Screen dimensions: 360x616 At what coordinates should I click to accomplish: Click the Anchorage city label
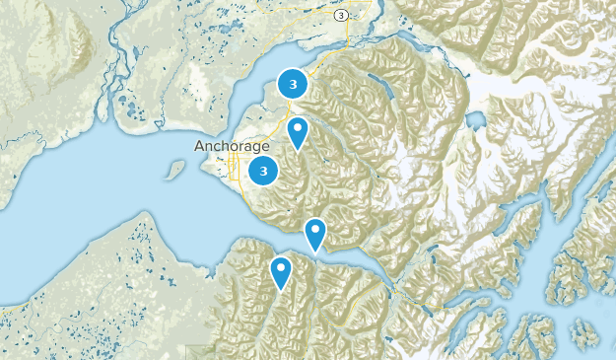point(232,146)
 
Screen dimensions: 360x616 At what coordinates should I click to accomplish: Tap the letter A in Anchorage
point(199,146)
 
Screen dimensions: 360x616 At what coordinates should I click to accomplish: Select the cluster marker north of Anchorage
point(293,85)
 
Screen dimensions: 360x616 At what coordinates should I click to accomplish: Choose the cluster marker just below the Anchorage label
point(263,171)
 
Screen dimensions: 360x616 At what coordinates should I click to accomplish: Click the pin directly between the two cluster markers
point(298,130)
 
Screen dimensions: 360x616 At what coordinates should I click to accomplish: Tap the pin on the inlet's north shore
point(314,233)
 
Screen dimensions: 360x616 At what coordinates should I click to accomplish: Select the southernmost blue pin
point(282,270)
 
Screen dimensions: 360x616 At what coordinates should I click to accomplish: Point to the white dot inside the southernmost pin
point(282,266)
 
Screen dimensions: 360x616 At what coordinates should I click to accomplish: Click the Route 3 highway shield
point(341,16)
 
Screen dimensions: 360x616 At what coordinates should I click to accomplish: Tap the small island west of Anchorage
point(175,170)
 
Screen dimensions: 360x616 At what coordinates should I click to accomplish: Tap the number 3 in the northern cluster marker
point(293,85)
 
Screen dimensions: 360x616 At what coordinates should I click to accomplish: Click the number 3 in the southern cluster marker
point(263,171)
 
